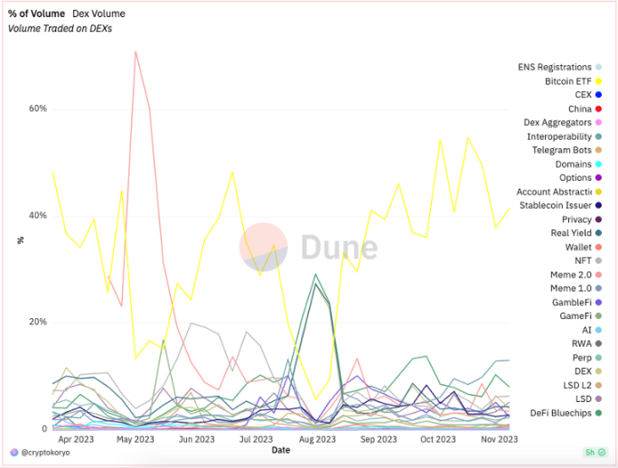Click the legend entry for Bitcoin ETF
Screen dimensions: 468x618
point(566,81)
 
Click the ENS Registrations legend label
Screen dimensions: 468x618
point(555,67)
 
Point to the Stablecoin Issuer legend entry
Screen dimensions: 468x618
point(556,205)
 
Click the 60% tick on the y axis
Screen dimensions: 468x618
point(37,108)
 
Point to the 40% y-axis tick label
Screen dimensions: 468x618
point(37,216)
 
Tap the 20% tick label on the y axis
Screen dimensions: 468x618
point(37,323)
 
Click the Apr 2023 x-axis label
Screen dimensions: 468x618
point(77,439)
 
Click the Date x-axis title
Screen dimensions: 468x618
point(281,449)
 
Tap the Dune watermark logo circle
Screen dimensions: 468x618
point(264,247)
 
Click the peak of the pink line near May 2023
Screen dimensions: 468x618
point(136,51)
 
